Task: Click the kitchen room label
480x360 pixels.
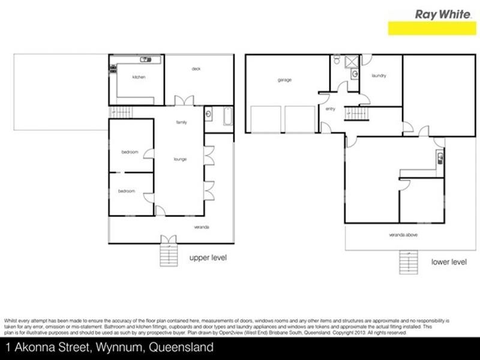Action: (x=139, y=77)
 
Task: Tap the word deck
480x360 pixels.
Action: (x=196, y=69)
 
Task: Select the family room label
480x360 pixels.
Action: (x=181, y=122)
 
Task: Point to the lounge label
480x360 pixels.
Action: (x=180, y=159)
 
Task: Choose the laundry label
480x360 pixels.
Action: (x=379, y=76)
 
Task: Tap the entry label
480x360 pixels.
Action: (x=330, y=109)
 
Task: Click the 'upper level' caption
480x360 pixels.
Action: (x=208, y=258)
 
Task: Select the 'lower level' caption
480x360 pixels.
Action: (x=449, y=262)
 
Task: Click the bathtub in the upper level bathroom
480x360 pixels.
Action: (x=227, y=116)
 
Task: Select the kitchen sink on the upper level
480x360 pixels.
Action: (x=145, y=59)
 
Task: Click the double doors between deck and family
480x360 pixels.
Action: (x=181, y=101)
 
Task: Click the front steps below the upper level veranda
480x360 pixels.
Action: (x=169, y=253)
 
